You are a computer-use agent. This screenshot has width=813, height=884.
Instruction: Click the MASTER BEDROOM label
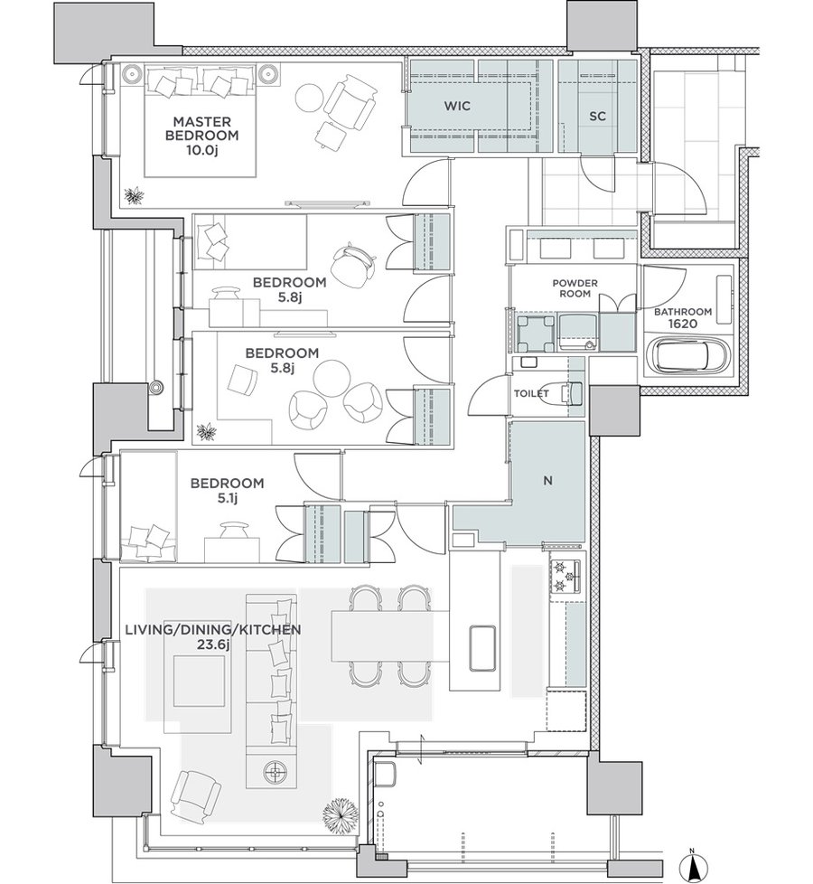click(x=201, y=136)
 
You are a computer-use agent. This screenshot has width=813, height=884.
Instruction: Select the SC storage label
click(x=597, y=116)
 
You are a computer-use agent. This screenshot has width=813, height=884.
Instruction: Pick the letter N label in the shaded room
click(x=547, y=481)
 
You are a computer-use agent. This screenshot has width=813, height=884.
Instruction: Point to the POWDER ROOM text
click(x=575, y=288)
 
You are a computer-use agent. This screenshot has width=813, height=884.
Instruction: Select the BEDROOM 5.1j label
click(x=227, y=491)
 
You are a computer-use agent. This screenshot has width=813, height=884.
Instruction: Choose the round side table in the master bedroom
click(x=312, y=99)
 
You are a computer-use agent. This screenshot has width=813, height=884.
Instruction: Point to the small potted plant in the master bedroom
click(x=134, y=195)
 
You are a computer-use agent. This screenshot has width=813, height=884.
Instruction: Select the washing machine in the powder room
click(x=534, y=332)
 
